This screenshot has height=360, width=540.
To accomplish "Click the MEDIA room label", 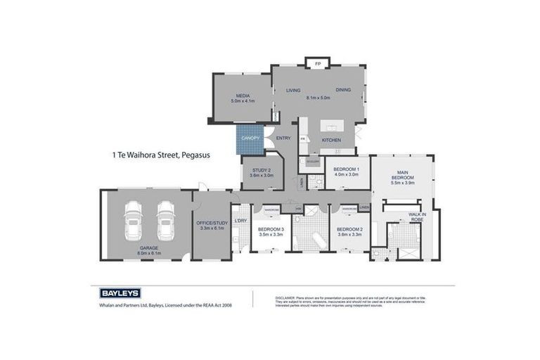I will tap(241, 95).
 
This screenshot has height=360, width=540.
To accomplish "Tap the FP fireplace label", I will tap(317, 64).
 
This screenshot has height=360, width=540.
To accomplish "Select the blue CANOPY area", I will tap(249, 139).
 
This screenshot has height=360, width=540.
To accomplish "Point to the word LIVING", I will tap(293, 90).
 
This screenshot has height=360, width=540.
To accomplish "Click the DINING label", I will tap(343, 90).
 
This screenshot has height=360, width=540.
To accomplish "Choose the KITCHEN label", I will tap(332, 140).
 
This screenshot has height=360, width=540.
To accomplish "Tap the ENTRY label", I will tap(283, 138).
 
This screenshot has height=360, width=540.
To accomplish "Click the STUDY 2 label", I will tap(262, 169).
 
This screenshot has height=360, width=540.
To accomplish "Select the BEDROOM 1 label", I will tap(346, 169).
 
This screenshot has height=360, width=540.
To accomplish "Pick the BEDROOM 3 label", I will tap(270, 229).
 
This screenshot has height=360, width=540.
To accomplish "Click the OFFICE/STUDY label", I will tap(212, 224).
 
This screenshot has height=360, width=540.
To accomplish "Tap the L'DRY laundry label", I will tap(240, 221).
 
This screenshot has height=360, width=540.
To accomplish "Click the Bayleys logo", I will tap(116, 293).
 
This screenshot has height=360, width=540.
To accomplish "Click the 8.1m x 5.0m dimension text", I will tap(318, 98).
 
